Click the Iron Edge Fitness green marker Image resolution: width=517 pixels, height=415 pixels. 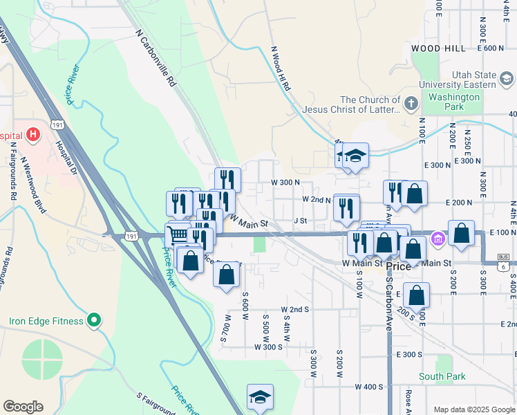click(95, 321)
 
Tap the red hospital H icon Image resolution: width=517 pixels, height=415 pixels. click(32, 136)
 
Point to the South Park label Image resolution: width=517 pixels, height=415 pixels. click(442, 377)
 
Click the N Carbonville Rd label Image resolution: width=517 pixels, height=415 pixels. click(156, 57)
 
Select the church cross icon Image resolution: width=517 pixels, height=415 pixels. click(411, 104)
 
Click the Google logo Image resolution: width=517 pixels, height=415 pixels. click(23, 407)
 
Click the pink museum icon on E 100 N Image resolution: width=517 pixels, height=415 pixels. click(437, 240)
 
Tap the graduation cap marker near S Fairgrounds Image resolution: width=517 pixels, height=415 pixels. click(260, 397)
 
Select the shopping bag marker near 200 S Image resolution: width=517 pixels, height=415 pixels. click(417, 295)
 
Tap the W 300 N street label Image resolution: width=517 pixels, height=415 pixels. click(285, 183)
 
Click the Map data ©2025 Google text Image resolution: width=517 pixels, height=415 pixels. click(474, 409)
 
